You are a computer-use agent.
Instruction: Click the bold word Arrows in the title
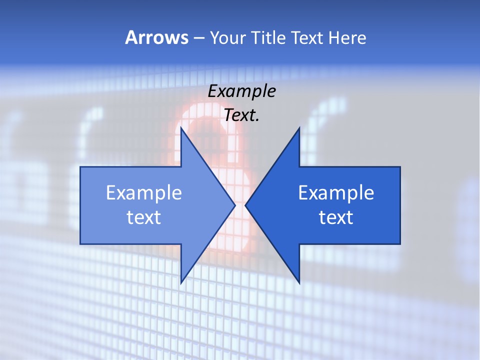[x=156, y=38]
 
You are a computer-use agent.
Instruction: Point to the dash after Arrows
[x=198, y=38]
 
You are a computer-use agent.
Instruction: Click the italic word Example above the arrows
[x=241, y=91]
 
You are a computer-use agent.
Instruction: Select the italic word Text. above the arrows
[x=241, y=115]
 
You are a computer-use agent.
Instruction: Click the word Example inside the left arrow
[x=143, y=193]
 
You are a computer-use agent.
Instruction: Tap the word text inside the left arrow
[x=143, y=217]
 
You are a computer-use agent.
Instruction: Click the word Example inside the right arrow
[x=336, y=193]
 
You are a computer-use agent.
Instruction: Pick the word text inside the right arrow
[x=336, y=217]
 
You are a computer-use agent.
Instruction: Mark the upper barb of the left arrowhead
[x=183, y=135]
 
